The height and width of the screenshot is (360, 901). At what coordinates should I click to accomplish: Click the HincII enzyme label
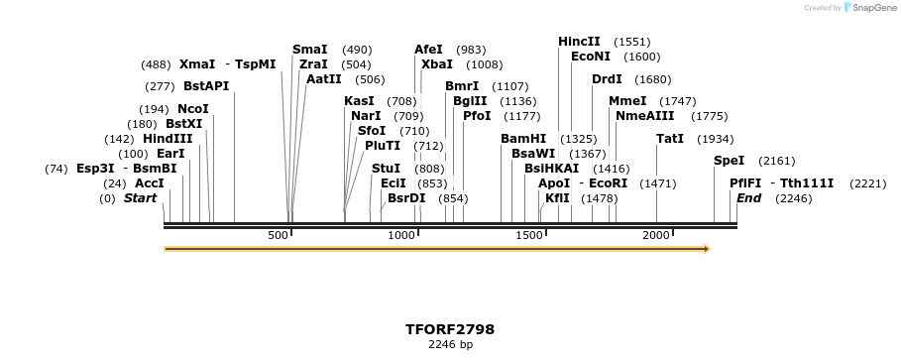pyautogui.click(x=579, y=42)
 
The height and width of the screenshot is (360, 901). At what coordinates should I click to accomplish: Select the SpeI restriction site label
pyautogui.click(x=729, y=161)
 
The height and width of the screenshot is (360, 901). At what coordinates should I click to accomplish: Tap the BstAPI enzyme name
pyautogui.click(x=206, y=86)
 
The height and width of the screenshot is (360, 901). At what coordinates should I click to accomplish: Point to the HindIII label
pyautogui.click(x=168, y=139)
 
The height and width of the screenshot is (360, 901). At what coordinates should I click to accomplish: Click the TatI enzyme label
pyautogui.click(x=670, y=139)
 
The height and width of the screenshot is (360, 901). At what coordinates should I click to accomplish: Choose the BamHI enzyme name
pyautogui.click(x=523, y=139)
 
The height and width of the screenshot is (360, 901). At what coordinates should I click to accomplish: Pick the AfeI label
pyautogui.click(x=428, y=50)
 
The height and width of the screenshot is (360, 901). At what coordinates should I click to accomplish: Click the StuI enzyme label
pyautogui.click(x=386, y=169)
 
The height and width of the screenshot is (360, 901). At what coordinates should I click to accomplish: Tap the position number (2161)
pyautogui.click(x=776, y=161)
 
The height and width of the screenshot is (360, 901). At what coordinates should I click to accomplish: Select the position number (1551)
pyautogui.click(x=631, y=42)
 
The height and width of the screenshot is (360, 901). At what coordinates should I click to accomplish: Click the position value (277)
pyautogui.click(x=160, y=86)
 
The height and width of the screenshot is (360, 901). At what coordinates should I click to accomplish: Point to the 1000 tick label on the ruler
pyautogui.click(x=401, y=235)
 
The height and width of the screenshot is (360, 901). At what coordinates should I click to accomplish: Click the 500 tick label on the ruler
pyautogui.click(x=278, y=235)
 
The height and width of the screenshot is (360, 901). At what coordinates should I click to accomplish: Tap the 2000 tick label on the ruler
pyautogui.click(x=656, y=235)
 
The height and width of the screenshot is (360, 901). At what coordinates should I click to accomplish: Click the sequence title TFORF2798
pyautogui.click(x=450, y=329)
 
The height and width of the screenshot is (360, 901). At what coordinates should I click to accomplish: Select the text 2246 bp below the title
pyautogui.click(x=450, y=345)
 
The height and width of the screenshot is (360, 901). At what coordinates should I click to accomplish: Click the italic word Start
pyautogui.click(x=140, y=198)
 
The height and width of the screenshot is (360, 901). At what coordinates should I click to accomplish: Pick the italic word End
pyautogui.click(x=748, y=198)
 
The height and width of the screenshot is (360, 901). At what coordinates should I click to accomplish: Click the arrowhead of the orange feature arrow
pyautogui.click(x=706, y=249)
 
